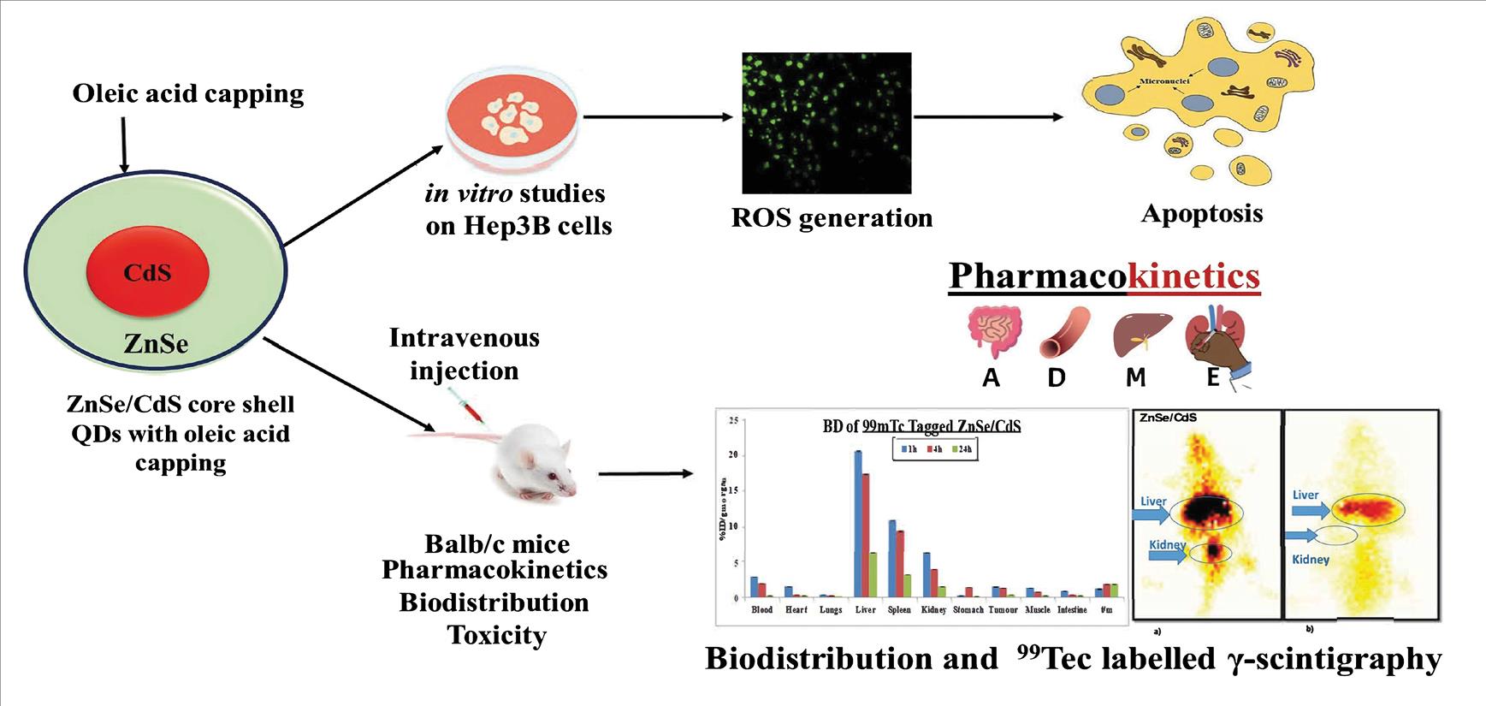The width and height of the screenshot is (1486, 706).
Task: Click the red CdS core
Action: [147, 272]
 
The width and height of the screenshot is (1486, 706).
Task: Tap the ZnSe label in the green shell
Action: [156, 343]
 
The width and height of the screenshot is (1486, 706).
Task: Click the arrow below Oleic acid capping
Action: [124, 145]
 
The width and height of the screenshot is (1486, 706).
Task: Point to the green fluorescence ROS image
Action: [826, 122]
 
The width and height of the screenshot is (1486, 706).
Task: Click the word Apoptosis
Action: [1201, 213]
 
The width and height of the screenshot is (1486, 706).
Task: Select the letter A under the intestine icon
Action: [991, 377]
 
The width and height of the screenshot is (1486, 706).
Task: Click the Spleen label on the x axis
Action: [899, 609]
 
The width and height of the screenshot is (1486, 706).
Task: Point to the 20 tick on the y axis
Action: [732, 454]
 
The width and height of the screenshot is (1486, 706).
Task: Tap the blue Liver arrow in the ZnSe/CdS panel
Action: [1150, 514]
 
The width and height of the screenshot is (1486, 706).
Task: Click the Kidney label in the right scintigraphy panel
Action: [1311, 559]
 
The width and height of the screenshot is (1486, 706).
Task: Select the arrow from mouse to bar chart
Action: [645, 473]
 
